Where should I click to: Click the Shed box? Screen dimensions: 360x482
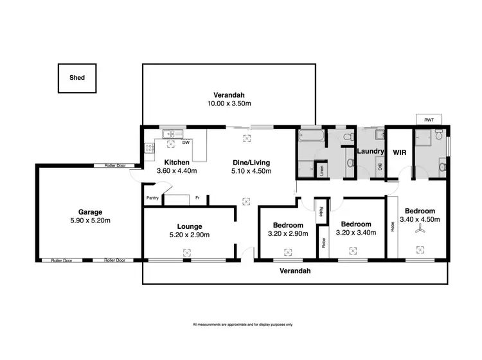coord(76,78)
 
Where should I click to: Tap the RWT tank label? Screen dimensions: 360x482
coord(428,120)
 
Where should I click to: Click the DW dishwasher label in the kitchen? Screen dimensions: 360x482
coord(185,142)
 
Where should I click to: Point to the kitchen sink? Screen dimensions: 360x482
coord(169,134)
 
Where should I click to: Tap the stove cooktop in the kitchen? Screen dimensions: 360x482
coord(149,148)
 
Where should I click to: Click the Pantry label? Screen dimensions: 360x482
coord(152,198)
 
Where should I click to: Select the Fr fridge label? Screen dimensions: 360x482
coord(197,198)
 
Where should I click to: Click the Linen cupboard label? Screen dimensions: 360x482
coord(321,170)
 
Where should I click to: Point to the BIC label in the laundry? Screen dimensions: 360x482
coord(380,168)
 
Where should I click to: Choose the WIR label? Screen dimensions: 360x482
coord(397,152)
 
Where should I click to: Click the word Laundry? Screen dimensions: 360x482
coord(370,152)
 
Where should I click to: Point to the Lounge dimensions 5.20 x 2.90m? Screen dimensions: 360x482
coord(190,235)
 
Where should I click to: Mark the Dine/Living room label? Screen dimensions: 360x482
coord(251,162)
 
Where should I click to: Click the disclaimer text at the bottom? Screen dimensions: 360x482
coord(242,324)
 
